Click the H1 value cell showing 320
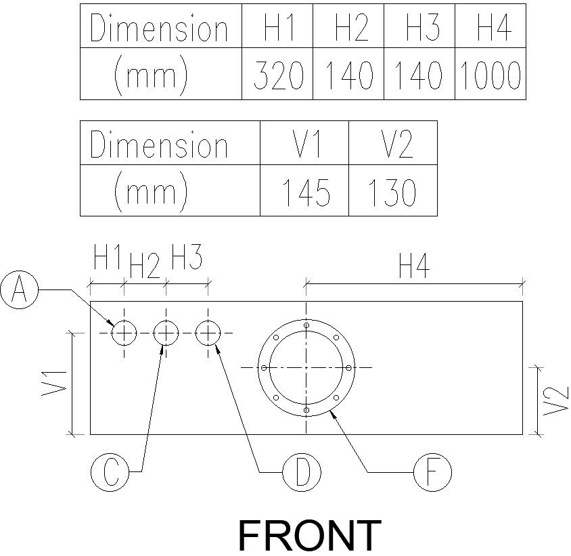click(x=277, y=75)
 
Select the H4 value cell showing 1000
click(x=490, y=75)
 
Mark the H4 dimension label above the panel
click(x=414, y=268)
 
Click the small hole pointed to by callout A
click(x=124, y=332)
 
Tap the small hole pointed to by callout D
click(x=208, y=332)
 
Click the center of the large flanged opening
click(x=306, y=367)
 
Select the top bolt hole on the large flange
click(x=306, y=325)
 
